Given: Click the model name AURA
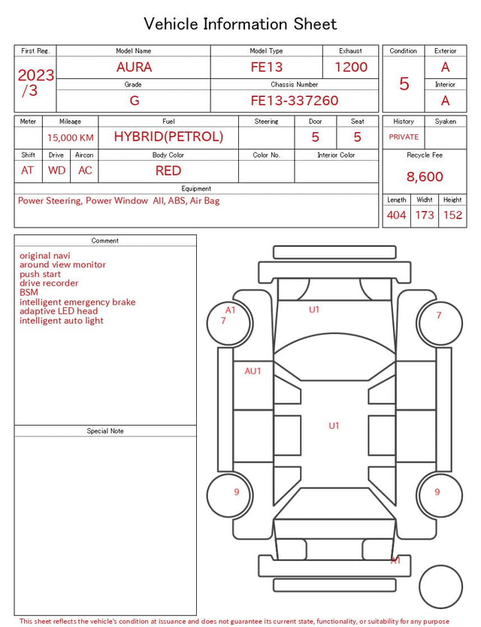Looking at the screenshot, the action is point(134,67).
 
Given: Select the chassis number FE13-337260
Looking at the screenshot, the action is point(295,101).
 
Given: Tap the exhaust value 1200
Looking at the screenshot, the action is point(351,67).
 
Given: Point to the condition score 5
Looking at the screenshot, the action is point(404,83).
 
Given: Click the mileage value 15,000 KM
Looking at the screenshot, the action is point(71,137).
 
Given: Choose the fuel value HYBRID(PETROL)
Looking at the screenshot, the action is point(168,137).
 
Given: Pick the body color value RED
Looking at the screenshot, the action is point(168,170).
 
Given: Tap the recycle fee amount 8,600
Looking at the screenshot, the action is point(425,176).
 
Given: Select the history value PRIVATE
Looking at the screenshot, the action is point(404,137).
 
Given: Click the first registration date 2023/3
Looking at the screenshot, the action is point(35,83).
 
